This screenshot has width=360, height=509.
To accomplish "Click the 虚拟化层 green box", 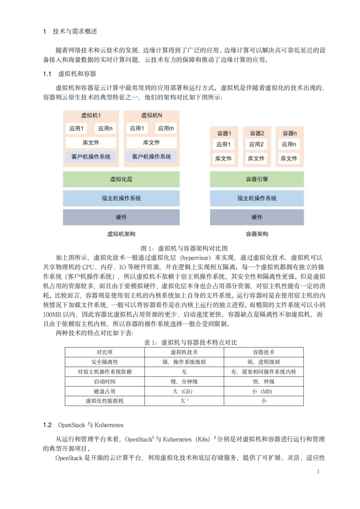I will (x=121, y=179).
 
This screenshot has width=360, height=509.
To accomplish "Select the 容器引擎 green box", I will (x=257, y=179).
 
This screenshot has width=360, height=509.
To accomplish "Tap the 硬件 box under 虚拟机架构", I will (x=121, y=217).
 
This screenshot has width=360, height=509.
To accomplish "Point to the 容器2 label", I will (x=257, y=133).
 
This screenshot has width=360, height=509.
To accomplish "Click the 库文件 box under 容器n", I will (x=290, y=159).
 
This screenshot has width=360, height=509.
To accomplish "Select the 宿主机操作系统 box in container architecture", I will (x=257, y=198).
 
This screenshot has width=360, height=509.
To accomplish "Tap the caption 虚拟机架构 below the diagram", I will (x=121, y=234).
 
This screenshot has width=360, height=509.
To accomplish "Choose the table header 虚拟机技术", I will (x=183, y=352).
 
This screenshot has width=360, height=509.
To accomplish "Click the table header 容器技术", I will (x=264, y=352).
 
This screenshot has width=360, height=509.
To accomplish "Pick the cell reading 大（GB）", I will (x=183, y=391).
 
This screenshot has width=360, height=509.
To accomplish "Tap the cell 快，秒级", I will (x=264, y=381).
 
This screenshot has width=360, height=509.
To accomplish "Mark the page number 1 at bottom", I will (x=317, y=471).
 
